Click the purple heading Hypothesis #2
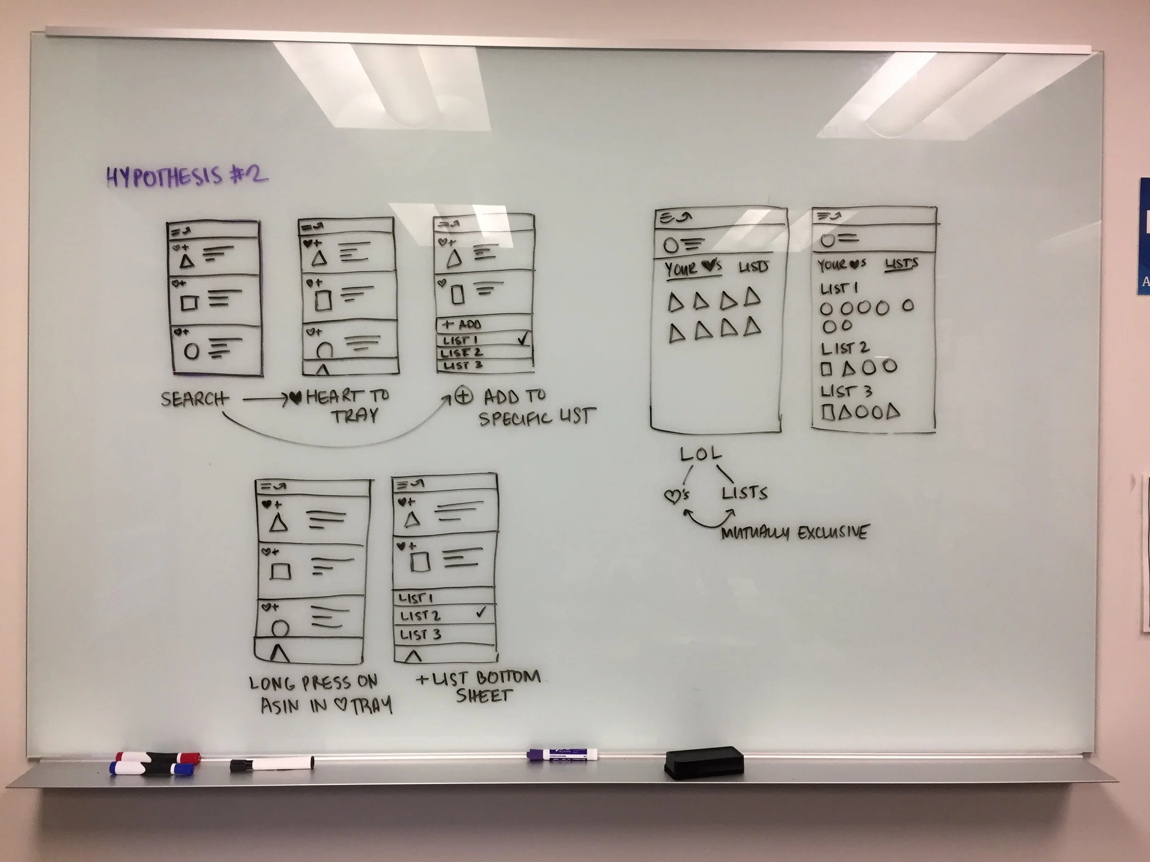point(187,176)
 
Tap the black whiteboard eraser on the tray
point(704,763)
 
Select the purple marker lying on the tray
point(562,755)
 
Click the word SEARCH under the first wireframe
point(194,399)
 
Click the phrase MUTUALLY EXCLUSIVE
point(794,532)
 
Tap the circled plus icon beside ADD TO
point(463,396)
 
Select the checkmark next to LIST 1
point(523,339)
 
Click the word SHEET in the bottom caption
point(484,695)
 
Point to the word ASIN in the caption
point(280,705)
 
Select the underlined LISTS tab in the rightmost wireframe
point(902,264)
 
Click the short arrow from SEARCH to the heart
point(265,399)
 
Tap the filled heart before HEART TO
point(296,398)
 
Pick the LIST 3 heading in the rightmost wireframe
point(846,391)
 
